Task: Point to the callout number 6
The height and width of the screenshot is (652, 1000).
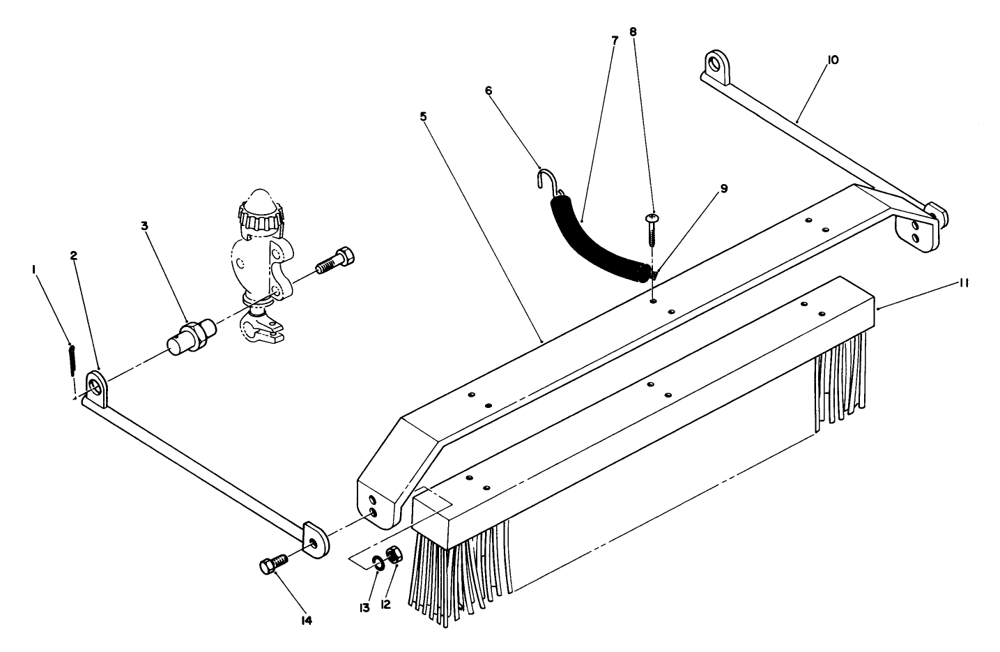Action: (x=489, y=90)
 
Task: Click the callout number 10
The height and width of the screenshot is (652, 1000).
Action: (x=833, y=60)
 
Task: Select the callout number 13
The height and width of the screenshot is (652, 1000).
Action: (x=365, y=607)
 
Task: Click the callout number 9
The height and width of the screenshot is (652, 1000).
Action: (x=724, y=189)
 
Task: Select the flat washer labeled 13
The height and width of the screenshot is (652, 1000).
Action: (x=376, y=562)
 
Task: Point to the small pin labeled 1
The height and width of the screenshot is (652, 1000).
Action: (x=72, y=359)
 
